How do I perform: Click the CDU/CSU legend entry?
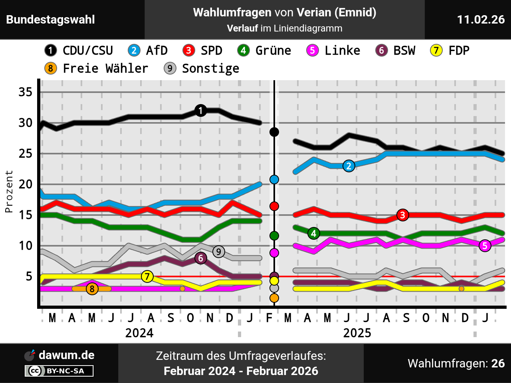coord(79,51)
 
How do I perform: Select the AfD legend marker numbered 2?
coord(134,51)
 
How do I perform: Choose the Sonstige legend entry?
coord(202,69)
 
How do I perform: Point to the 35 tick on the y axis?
coord(26,92)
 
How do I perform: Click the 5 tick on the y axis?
coord(29,276)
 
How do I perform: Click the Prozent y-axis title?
coord(9,191)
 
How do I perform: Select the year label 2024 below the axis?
coord(139,333)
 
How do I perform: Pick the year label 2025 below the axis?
coord(357,333)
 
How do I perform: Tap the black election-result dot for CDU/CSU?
coord(274,132)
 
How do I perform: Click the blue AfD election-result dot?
coord(274,180)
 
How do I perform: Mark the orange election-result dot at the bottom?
coord(274,298)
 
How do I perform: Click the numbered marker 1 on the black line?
coord(201,111)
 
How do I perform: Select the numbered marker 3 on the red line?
coord(403,215)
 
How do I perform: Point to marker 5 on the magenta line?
coord(485,246)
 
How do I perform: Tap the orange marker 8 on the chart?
coord(92,289)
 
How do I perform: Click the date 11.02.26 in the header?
coord(481,20)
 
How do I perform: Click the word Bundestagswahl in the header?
coord(51,20)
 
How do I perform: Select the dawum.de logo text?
coord(66,355)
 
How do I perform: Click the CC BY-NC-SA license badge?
coord(59,371)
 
